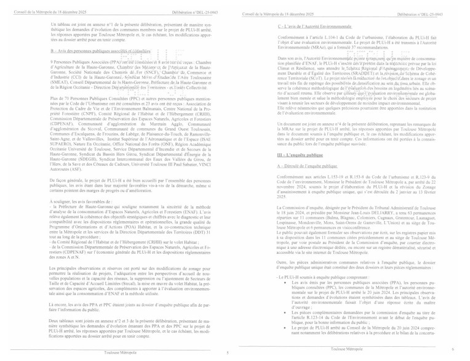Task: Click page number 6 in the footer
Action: [x=461, y=349]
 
